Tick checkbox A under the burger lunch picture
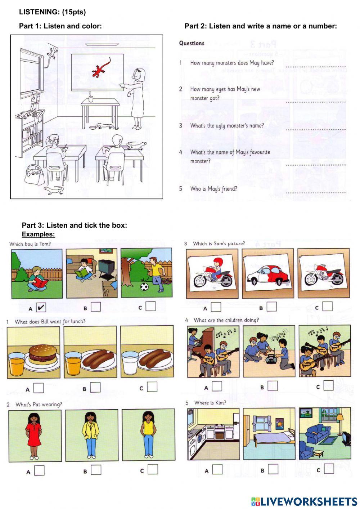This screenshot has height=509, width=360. coord(39,388)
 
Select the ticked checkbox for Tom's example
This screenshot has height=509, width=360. coord(41,307)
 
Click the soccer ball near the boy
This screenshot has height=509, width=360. coord(144,287)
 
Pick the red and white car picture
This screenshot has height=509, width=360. coord(268,274)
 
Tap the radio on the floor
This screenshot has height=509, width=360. coord(270,359)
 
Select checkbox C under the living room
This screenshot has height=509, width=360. coord(329,469)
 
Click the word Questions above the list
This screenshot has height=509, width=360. coord(192,43)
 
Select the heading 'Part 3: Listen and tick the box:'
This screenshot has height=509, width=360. coord(74,226)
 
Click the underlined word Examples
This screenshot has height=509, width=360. coord(38,235)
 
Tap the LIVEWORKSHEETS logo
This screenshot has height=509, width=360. coord(304,501)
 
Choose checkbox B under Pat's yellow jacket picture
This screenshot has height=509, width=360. coord(96,470)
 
